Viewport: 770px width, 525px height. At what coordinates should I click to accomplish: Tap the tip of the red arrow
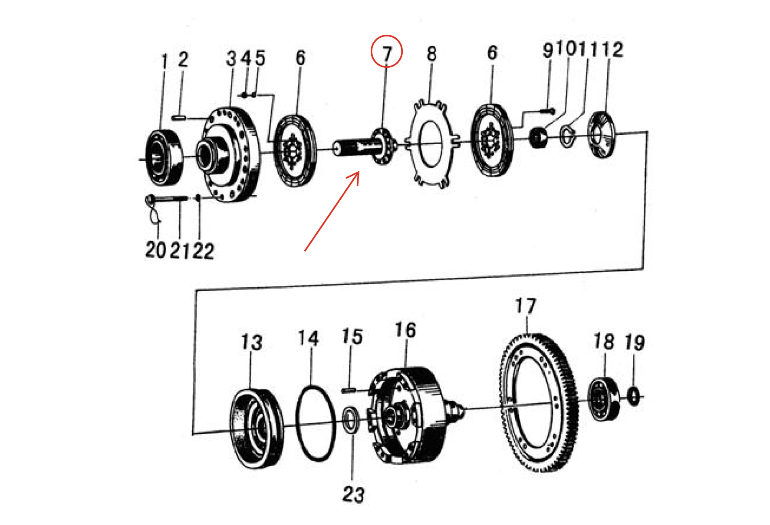tap(359, 172)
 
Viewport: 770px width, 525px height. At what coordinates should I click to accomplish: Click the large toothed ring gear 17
tap(538, 402)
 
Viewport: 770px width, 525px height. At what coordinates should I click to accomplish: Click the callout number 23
tap(353, 495)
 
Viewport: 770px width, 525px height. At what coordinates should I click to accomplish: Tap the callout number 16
tap(405, 330)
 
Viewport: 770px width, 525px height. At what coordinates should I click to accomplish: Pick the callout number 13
tap(251, 342)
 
